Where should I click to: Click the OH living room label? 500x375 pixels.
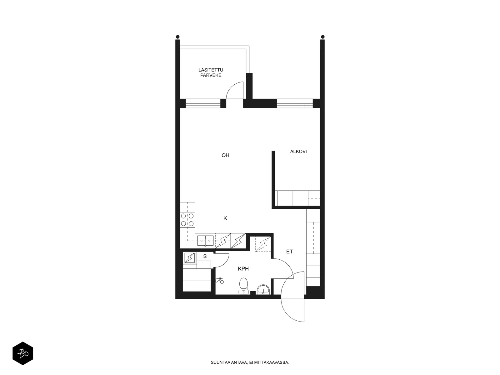[x=225, y=155]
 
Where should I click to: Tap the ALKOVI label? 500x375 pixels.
[x=298, y=152]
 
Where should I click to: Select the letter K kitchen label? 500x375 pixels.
[x=225, y=218]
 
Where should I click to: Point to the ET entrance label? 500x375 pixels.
[x=289, y=252]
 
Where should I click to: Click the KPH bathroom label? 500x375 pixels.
[x=243, y=269]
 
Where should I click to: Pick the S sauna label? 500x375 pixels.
[x=205, y=256]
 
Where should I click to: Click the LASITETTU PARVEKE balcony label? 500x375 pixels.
[x=211, y=72]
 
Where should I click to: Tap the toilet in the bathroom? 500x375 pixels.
[x=243, y=286]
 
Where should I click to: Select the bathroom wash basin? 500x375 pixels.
[x=263, y=289]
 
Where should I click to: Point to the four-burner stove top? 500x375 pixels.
[x=187, y=219]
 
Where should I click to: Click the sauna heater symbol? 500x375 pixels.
[x=189, y=258]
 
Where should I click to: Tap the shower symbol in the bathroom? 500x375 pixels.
[x=220, y=281]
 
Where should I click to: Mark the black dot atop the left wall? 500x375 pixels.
[x=178, y=37]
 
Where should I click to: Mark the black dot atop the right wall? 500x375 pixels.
[x=322, y=37]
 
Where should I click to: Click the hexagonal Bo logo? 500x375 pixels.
[x=23, y=353]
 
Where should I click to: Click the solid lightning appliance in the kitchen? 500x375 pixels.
[x=238, y=241]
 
